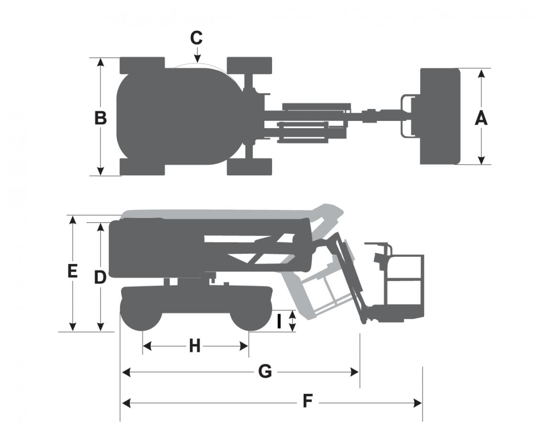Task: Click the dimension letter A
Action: pos(481,118)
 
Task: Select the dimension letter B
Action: pos(100,118)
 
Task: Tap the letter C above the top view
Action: pos(196,38)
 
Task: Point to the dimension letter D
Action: pos(100,277)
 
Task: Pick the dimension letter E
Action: pos(72,271)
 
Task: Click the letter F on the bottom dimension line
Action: pos(307,401)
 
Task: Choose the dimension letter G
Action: pos(265,371)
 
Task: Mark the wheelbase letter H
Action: pos(195,346)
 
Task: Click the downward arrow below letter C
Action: pos(197,55)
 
